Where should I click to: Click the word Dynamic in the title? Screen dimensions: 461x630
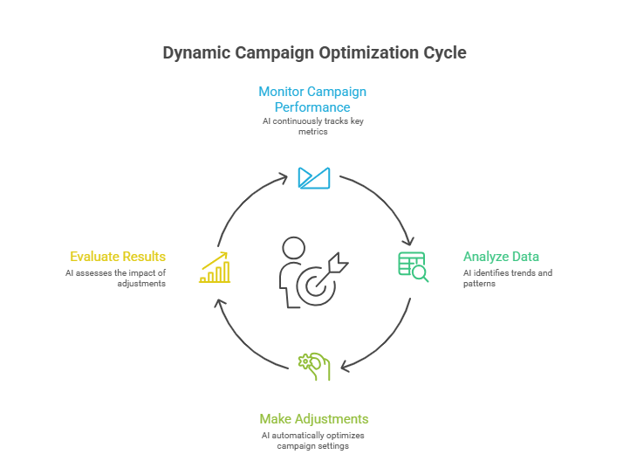pyautogui.click(x=195, y=53)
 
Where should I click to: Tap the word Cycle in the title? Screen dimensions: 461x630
pyautogui.click(x=445, y=53)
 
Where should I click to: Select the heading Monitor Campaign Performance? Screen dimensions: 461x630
pyautogui.click(x=313, y=99)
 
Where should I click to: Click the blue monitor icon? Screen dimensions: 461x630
pyautogui.click(x=314, y=177)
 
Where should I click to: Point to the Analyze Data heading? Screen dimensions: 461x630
pyautogui.click(x=501, y=257)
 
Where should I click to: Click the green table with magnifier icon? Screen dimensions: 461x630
pyautogui.click(x=413, y=265)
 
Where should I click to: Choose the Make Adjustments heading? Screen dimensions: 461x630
pyautogui.click(x=314, y=418)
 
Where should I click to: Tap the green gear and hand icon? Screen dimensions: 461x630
pyautogui.click(x=314, y=366)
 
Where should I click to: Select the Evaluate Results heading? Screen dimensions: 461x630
pyautogui.click(x=118, y=257)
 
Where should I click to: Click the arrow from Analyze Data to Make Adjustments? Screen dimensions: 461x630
pyautogui.click(x=384, y=341)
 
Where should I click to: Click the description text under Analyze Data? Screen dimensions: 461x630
pyautogui.click(x=507, y=279)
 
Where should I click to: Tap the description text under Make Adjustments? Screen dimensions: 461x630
pyautogui.click(x=313, y=440)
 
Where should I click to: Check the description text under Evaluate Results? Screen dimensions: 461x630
pyautogui.click(x=115, y=279)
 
